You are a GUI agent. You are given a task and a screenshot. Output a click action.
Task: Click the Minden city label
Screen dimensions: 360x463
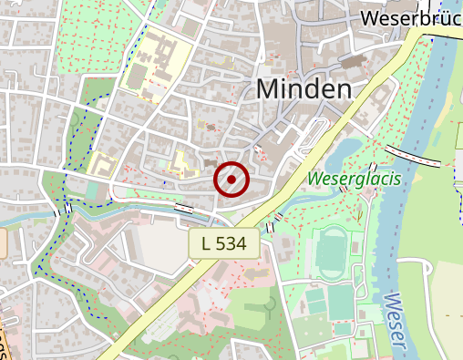click(304, 89)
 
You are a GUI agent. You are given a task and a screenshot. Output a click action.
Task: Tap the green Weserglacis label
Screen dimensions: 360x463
click(355, 179)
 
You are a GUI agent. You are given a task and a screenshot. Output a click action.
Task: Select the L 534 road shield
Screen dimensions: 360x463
click(225, 243)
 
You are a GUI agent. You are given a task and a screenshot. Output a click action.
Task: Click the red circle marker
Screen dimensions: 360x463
click(231, 180)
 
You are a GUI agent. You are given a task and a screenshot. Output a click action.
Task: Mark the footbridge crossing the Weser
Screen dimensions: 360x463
click(415, 156)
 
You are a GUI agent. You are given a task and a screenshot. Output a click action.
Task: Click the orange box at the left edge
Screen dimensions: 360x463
click(3, 242)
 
